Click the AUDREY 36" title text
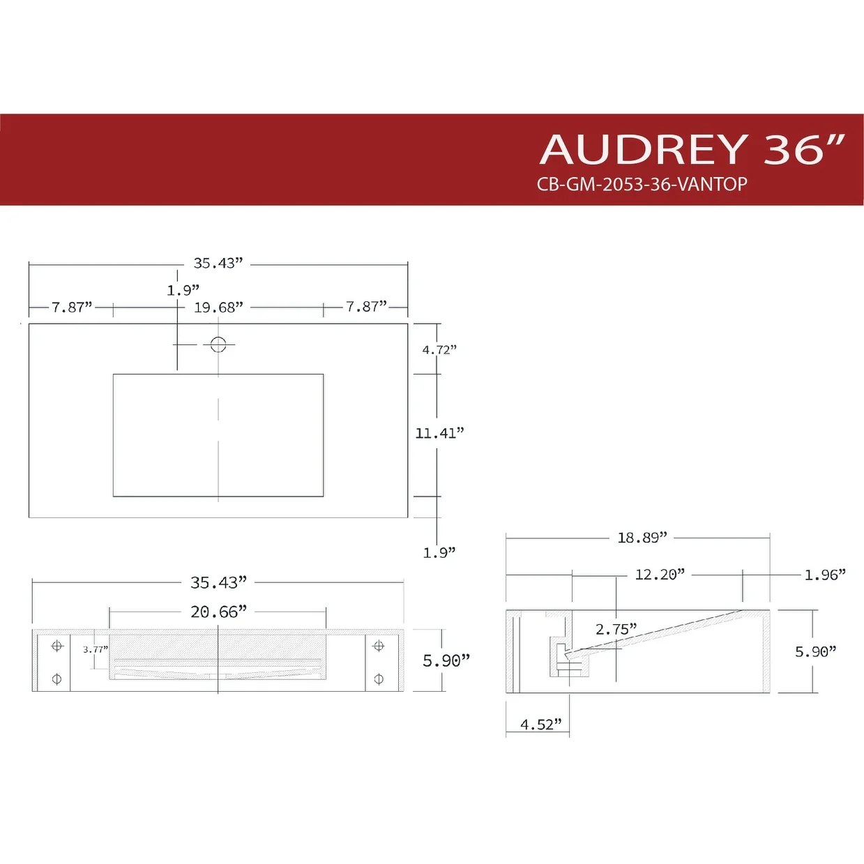pyautogui.click(x=692, y=149)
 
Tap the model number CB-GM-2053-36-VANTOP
pyautogui.click(x=642, y=184)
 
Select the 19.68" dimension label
pyautogui.click(x=218, y=308)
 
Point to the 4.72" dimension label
pyautogui.click(x=439, y=350)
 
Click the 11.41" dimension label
pyautogui.click(x=439, y=433)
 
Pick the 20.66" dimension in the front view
pyautogui.click(x=219, y=612)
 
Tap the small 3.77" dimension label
pyautogui.click(x=96, y=649)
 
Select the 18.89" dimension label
pyautogui.click(x=642, y=538)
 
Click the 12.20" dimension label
pyautogui.click(x=660, y=575)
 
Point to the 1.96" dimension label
pyautogui.click(x=825, y=575)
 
